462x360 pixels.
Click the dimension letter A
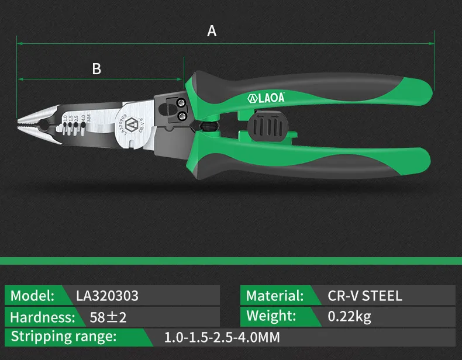point(212,31)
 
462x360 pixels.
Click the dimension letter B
point(96,69)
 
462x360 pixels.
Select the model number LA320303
point(107,296)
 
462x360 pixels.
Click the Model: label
point(33,296)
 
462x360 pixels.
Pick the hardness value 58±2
point(108,317)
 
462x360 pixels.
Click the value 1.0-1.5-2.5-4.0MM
point(222,338)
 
